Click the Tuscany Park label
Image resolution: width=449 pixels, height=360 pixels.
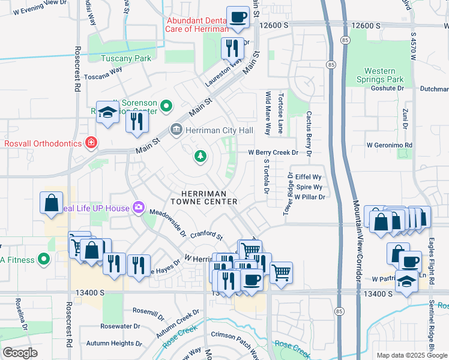(126, 58)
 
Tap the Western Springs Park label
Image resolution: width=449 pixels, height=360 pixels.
(384, 75)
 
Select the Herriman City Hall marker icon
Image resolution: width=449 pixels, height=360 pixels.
(176, 130)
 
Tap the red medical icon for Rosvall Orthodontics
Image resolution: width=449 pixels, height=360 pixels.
(91, 143)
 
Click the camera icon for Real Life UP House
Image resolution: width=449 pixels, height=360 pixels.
(139, 208)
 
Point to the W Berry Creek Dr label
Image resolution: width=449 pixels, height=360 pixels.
(273, 152)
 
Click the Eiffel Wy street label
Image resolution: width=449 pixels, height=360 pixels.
(309, 178)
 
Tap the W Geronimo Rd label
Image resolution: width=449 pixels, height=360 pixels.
(390, 145)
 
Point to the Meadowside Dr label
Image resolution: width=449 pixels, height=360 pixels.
(168, 222)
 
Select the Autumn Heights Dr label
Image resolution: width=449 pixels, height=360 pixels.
(113, 343)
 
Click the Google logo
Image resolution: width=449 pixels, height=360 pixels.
(20, 353)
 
